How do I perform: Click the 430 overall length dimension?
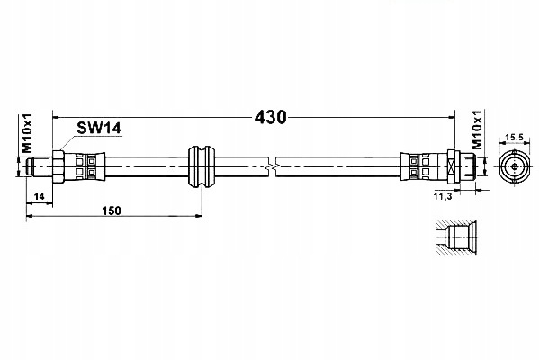pos(270,118)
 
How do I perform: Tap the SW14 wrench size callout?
pos(99,128)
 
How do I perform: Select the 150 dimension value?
pos(112,211)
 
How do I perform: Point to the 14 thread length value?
pos(40,197)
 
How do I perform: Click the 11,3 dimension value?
pos(442,197)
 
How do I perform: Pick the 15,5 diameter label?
pos(514,138)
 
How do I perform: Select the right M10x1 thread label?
pos(477,130)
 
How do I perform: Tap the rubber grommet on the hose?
pos(201,167)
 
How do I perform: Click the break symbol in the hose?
pos(272,167)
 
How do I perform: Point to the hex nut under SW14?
pos(58,167)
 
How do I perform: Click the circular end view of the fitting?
pos(515,167)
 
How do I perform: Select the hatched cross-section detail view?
pos(456,238)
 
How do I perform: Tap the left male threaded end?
pos(40,167)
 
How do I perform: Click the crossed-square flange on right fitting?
pos(453,167)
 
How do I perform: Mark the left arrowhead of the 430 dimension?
pos(56,118)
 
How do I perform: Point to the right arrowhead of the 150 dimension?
pos(198,216)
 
